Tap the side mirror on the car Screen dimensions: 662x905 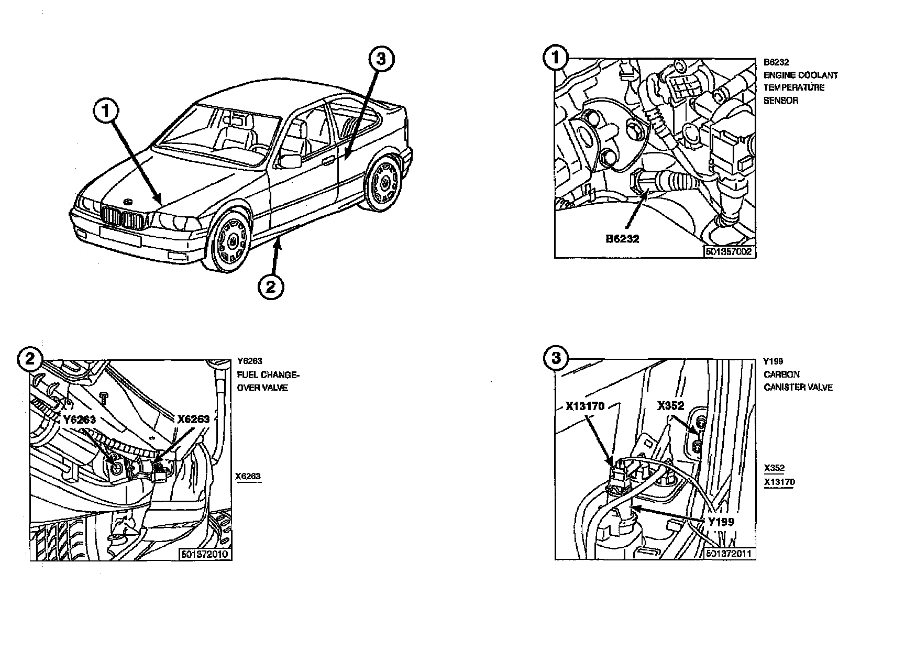pyautogui.click(x=291, y=160)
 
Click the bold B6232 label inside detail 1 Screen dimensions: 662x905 pyautogui.click(x=622, y=239)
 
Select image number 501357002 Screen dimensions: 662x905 pyautogui.click(x=729, y=252)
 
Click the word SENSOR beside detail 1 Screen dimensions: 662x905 pyautogui.click(x=781, y=101)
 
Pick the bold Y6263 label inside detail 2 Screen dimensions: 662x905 pyautogui.click(x=80, y=420)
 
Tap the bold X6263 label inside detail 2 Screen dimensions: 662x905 pyautogui.click(x=193, y=419)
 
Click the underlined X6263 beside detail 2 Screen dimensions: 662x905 pyautogui.click(x=248, y=477)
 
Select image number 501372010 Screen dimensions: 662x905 pyautogui.click(x=205, y=554)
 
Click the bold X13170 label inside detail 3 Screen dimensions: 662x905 pyautogui.click(x=585, y=406)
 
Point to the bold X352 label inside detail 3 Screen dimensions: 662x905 pyautogui.click(x=670, y=406)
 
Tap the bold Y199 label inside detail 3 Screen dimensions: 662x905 pyautogui.click(x=721, y=521)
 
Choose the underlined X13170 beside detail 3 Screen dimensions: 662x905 pyautogui.click(x=779, y=482)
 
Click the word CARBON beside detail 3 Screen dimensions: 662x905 pyautogui.click(x=781, y=374)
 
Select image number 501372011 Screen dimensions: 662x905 pyautogui.click(x=730, y=554)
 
